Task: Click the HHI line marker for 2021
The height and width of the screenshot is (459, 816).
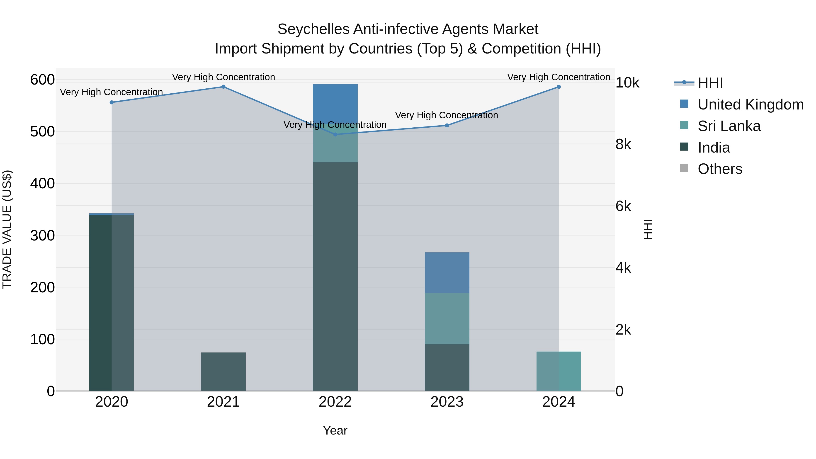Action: [223, 87]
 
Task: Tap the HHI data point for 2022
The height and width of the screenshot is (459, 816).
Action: [335, 134]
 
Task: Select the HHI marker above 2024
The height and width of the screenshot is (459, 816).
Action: [559, 87]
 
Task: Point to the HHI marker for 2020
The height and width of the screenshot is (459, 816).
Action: [112, 102]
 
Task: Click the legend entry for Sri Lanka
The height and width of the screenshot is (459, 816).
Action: [729, 126]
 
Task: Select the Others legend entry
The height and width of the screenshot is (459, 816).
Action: [720, 169]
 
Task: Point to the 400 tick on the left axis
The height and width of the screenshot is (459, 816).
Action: [42, 183]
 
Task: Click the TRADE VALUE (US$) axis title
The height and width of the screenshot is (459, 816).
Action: [7, 229]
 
